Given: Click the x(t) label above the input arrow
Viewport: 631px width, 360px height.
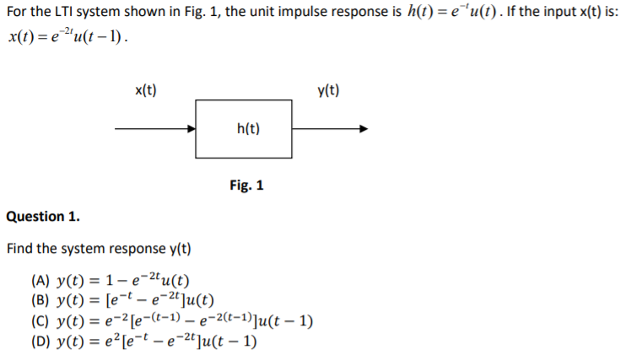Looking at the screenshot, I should [148, 90].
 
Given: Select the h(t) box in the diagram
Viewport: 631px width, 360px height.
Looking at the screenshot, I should [247, 129].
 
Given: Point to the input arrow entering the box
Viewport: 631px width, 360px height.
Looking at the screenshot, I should [155, 129].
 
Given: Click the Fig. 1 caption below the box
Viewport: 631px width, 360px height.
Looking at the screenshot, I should [246, 185].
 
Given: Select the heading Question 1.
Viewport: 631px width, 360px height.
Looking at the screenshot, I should [43, 217].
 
